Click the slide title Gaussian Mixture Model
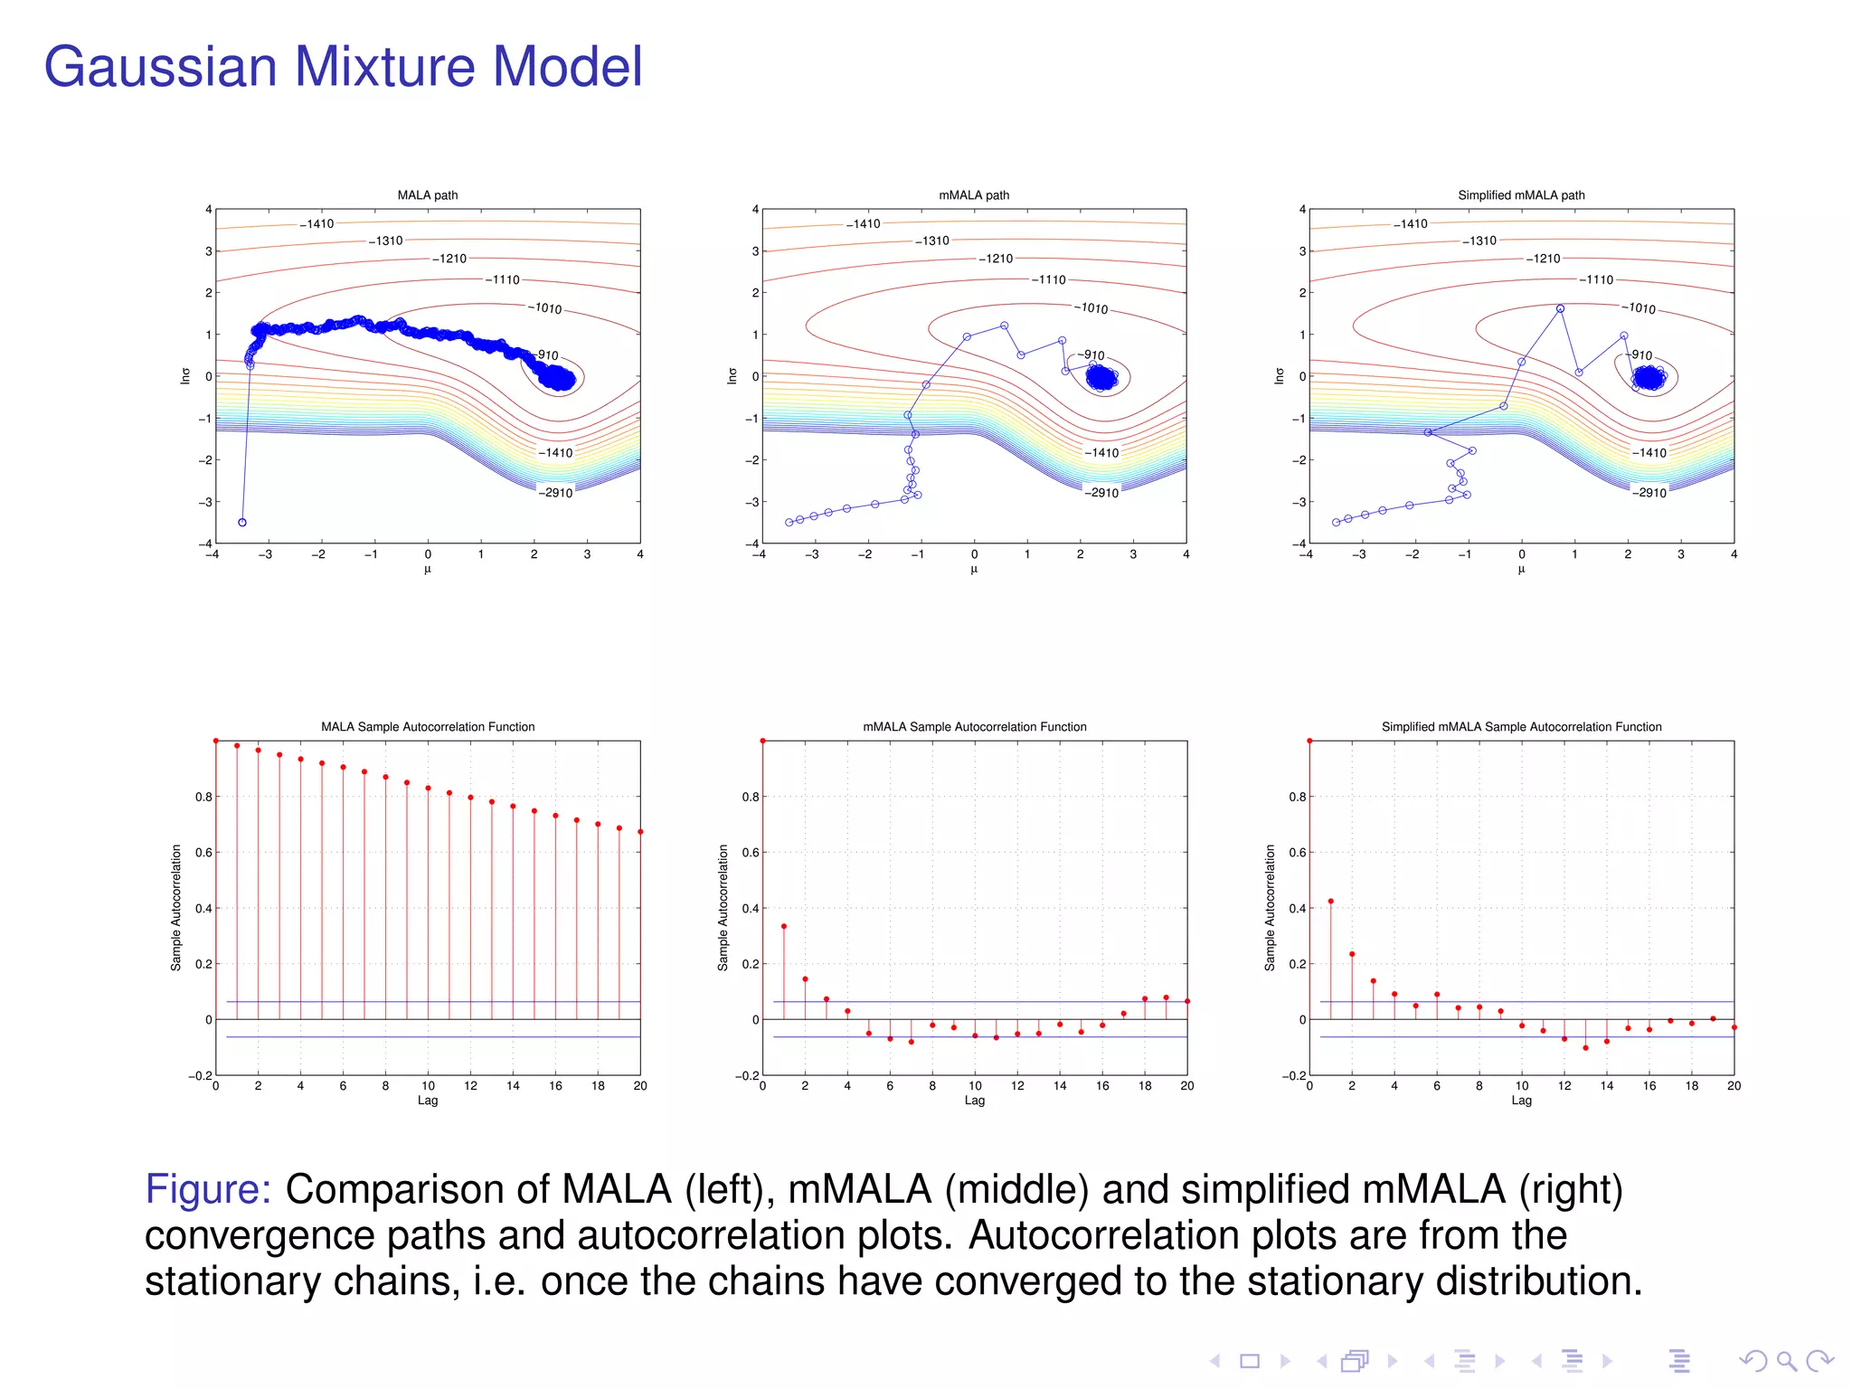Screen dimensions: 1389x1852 coord(343,67)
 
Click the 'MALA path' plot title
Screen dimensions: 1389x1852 coord(428,195)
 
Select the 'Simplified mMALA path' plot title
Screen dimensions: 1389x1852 coord(1521,195)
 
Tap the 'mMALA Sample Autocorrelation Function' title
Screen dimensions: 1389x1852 coord(974,727)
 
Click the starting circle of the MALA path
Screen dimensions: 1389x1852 coord(242,523)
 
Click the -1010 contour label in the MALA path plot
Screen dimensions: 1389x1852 coord(546,308)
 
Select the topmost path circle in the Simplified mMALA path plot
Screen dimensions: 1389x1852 coord(1560,309)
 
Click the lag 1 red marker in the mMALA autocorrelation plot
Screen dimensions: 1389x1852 coord(784,926)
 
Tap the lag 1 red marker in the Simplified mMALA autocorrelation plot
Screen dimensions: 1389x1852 coord(1331,902)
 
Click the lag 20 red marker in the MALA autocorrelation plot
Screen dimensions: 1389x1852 coord(640,832)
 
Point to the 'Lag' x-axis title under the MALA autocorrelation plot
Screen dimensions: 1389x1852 coord(428,1101)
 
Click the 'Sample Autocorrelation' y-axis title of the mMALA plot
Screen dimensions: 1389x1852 coord(723,908)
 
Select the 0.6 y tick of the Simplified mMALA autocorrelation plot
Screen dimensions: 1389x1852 coord(1297,853)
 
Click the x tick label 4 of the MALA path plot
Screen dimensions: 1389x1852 coord(640,554)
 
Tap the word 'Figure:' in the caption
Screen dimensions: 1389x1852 coord(208,1189)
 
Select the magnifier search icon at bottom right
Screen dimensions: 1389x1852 coord(1786,1361)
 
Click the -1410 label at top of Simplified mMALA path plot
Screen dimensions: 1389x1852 coord(1411,224)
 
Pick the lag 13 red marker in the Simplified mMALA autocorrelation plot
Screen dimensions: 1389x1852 coord(1585,1048)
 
